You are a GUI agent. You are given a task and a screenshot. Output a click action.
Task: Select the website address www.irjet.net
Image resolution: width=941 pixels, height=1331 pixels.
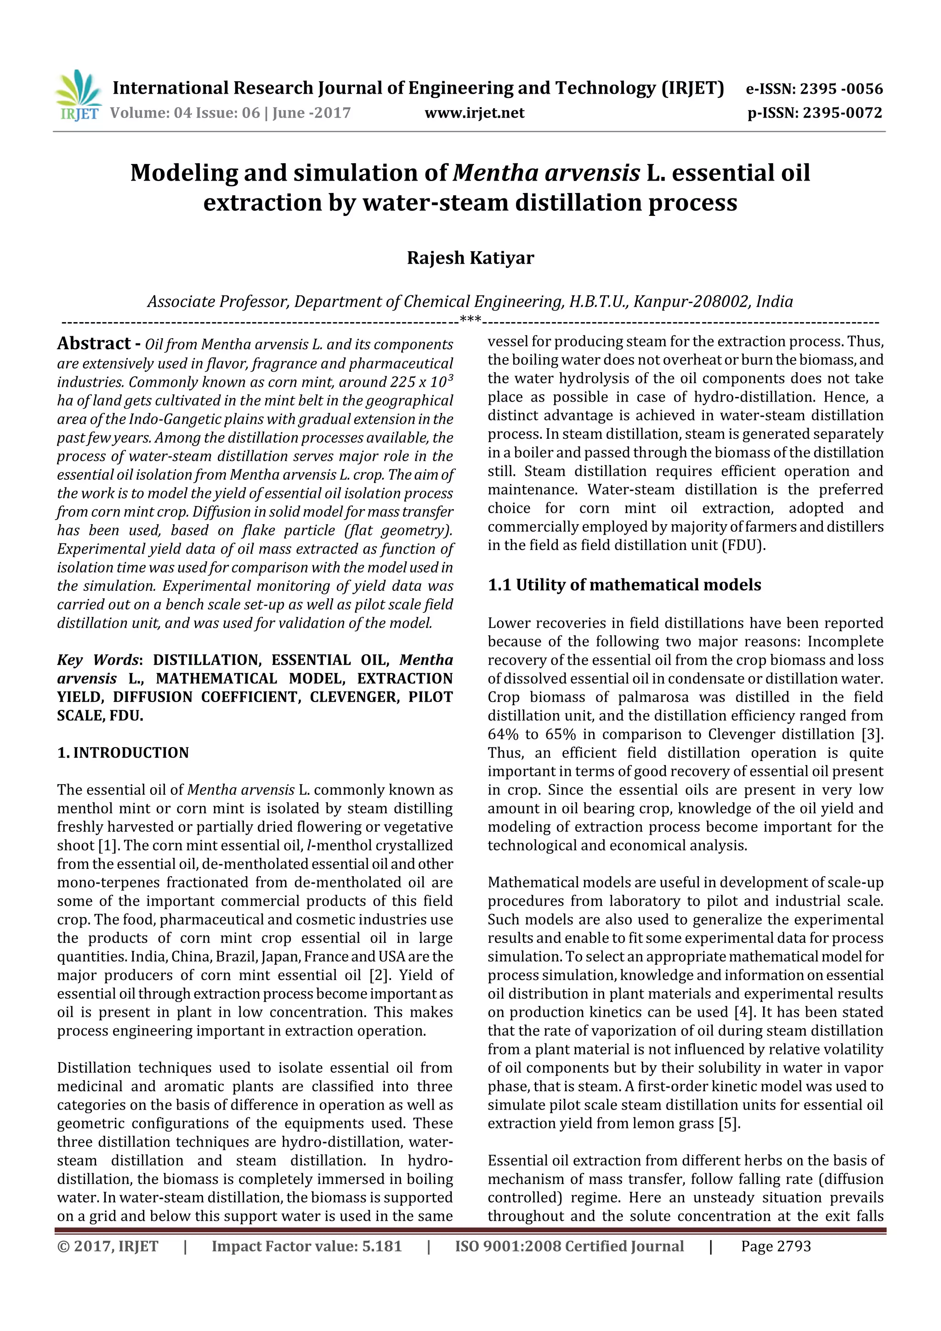(474, 113)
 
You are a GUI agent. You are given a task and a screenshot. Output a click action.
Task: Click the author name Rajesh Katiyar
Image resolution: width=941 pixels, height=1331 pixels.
(470, 257)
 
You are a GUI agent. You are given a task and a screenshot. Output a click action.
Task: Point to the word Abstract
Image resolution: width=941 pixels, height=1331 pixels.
(94, 343)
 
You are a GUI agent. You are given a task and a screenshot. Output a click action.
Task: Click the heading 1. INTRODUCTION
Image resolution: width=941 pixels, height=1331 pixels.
(123, 753)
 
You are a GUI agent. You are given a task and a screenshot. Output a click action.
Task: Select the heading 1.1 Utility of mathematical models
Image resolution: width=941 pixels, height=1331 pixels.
(624, 584)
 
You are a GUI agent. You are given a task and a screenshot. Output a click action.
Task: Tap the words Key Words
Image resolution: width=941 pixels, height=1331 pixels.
(99, 660)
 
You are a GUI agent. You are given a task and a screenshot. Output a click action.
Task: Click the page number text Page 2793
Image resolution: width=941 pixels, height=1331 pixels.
(776, 1246)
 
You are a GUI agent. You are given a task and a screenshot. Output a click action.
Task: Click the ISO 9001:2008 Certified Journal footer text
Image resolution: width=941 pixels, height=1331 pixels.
(569, 1246)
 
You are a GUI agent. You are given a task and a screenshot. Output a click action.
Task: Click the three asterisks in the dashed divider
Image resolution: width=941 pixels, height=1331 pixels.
(470, 319)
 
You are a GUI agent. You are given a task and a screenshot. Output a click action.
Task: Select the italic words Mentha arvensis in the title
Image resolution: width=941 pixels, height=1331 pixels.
(546, 173)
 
